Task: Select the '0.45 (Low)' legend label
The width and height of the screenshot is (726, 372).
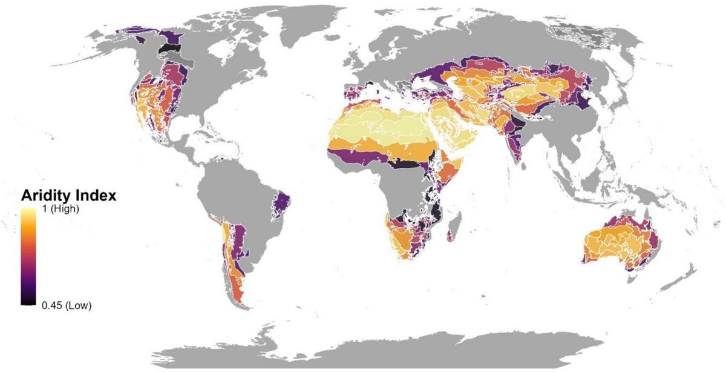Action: (67, 305)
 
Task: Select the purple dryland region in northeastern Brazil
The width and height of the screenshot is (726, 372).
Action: (282, 202)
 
